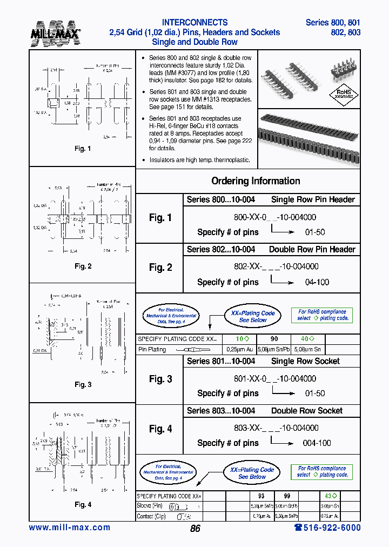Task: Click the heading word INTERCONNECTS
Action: coord(194,23)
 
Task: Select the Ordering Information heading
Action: coord(256,181)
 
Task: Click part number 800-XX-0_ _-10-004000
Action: coord(272,217)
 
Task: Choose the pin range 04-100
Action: coord(317,282)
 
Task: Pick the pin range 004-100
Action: coord(318,443)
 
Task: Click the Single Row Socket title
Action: coord(305,361)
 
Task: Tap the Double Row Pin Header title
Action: coord(312,249)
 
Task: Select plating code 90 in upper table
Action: coord(274,339)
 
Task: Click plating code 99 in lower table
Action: coord(286,496)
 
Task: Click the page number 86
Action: coord(195,529)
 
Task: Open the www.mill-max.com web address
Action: coord(69,528)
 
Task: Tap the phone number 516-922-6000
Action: coord(327,528)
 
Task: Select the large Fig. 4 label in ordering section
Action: coord(160,429)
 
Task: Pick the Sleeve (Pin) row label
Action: coord(151,506)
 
